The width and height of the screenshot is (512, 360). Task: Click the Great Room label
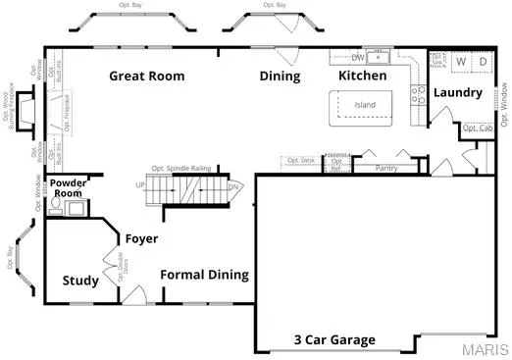[148, 76]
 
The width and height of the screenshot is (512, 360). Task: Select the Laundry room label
[459, 93]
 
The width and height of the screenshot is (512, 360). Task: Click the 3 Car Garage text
[334, 340]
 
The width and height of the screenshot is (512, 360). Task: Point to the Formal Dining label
[204, 275]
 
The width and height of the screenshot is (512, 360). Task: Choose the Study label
[80, 282]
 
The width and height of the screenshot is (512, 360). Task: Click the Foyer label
[141, 238]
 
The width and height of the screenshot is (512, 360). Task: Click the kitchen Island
[365, 105]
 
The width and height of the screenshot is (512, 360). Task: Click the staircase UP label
[139, 185]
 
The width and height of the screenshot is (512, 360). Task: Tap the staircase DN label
[232, 185]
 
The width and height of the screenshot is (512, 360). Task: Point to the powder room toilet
[56, 206]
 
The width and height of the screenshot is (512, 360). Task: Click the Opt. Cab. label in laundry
[477, 129]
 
